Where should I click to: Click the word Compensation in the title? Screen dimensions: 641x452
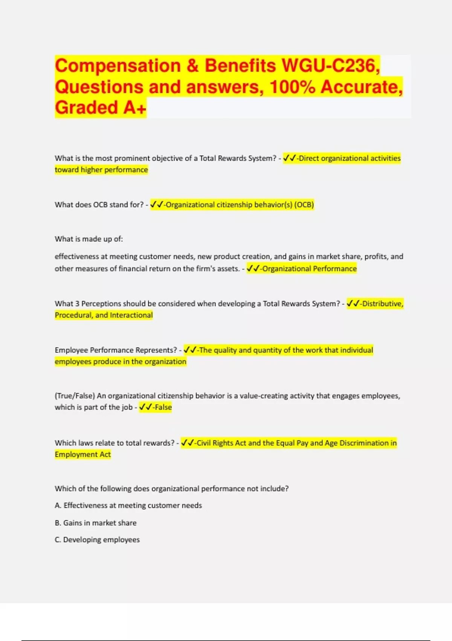point(118,66)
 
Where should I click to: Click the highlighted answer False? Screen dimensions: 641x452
point(163,407)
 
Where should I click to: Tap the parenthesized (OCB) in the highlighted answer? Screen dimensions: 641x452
point(304,205)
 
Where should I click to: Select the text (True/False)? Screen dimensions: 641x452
point(75,396)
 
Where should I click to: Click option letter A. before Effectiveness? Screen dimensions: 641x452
point(58,506)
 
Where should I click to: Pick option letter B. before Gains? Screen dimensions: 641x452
point(58,523)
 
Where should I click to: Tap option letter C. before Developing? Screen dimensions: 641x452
point(58,540)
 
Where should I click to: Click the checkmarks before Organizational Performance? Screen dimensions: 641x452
point(253,268)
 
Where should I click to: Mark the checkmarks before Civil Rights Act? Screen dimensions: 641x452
point(187,443)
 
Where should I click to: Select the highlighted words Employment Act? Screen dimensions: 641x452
point(83,455)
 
